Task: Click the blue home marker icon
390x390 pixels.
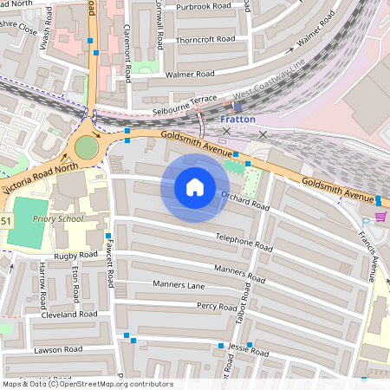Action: (194, 187)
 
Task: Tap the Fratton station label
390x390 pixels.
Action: (237, 119)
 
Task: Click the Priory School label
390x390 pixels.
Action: (58, 218)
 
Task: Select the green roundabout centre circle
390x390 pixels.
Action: (87, 147)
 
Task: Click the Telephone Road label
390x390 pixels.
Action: (244, 240)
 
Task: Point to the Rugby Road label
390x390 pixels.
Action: (75, 256)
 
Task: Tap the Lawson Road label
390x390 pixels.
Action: (58, 349)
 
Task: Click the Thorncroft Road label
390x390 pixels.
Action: (205, 39)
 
